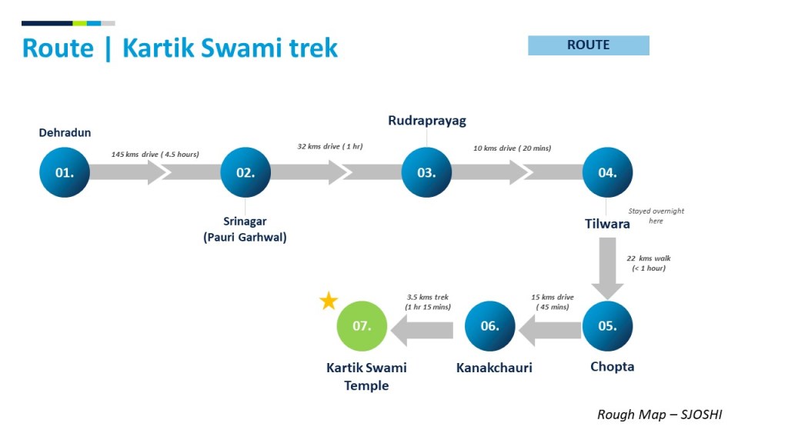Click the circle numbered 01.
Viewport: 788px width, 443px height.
pyautogui.click(x=65, y=172)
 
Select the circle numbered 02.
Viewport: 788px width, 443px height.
pyautogui.click(x=245, y=172)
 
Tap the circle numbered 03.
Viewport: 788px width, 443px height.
pyautogui.click(x=426, y=172)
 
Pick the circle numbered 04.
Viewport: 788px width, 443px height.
pyautogui.click(x=607, y=172)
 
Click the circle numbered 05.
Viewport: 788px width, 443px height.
pyautogui.click(x=607, y=326)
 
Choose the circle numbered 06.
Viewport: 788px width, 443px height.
pyautogui.click(x=490, y=326)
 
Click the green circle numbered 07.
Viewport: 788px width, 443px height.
pyautogui.click(x=362, y=326)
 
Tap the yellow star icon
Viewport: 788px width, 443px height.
pyautogui.click(x=329, y=301)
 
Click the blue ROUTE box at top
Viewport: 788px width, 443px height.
pyautogui.click(x=589, y=45)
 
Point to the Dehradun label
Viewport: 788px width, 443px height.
pyautogui.click(x=65, y=133)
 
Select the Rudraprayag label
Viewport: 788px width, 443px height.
pyautogui.click(x=426, y=121)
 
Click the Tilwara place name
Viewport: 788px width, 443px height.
pyautogui.click(x=606, y=224)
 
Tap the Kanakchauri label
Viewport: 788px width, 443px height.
pyautogui.click(x=494, y=368)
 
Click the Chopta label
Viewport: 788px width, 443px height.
pyautogui.click(x=613, y=367)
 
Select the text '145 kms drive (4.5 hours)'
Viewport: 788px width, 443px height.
pyautogui.click(x=155, y=154)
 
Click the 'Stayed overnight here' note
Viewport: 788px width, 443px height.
pyautogui.click(x=656, y=215)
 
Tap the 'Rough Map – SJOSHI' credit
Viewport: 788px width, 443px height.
pyautogui.click(x=659, y=415)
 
